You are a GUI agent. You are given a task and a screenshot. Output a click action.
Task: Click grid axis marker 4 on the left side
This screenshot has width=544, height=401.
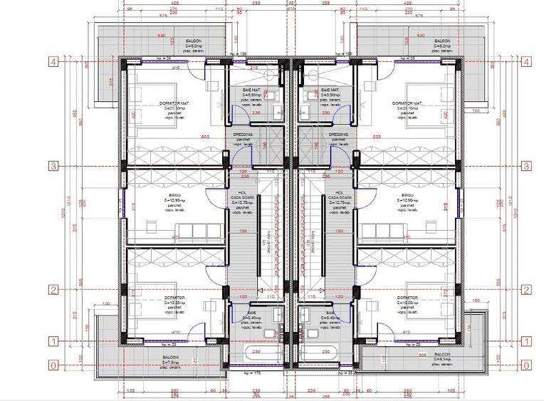[x=52, y=62]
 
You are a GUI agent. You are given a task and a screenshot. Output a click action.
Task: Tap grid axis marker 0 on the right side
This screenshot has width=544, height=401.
[x=527, y=365]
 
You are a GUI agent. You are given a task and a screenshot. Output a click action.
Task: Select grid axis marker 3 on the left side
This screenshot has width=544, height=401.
[x=52, y=166]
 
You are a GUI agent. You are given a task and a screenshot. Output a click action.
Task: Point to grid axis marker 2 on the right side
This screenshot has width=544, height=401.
[x=527, y=289]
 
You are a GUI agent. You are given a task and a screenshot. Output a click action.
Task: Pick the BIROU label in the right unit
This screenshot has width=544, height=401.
[x=407, y=195]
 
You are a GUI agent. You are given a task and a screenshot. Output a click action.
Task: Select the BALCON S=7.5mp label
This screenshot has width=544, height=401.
[x=170, y=361]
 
